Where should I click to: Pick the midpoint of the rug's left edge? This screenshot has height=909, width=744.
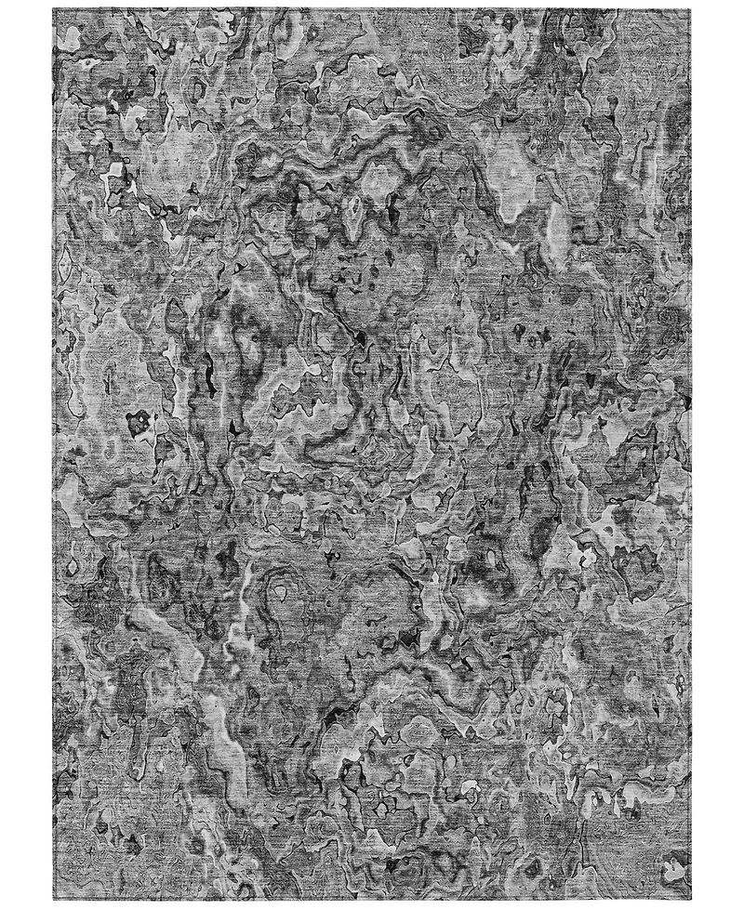[54, 454]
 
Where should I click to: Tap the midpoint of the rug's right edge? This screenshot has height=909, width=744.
[692, 454]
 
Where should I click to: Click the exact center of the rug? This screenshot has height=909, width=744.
[373, 454]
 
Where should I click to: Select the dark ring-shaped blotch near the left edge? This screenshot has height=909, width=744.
[139, 423]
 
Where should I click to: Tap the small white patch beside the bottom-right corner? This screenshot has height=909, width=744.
[671, 869]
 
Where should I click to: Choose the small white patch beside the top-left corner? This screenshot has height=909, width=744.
[70, 37]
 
